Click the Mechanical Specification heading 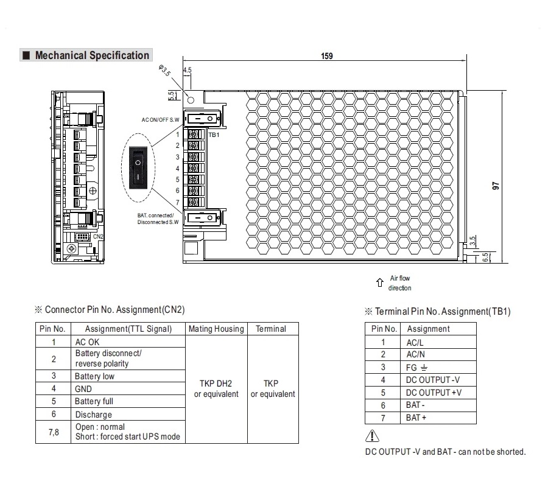pyautogui.click(x=91, y=55)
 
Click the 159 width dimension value pyautogui.click(x=327, y=57)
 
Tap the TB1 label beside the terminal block pyautogui.click(x=214, y=135)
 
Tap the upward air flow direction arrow pyautogui.click(x=379, y=282)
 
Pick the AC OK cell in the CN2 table pyautogui.click(x=87, y=342)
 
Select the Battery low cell pyautogui.click(x=94, y=376)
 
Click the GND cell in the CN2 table pyautogui.click(x=83, y=388)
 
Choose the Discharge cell pyautogui.click(x=93, y=415)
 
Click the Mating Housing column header pyautogui.click(x=216, y=329)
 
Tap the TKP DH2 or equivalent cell pyautogui.click(x=216, y=388)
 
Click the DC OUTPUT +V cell pyautogui.click(x=434, y=393)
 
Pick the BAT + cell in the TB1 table pyautogui.click(x=416, y=418)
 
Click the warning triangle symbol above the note pyautogui.click(x=372, y=436)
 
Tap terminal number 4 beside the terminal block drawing pyautogui.click(x=178, y=169)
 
